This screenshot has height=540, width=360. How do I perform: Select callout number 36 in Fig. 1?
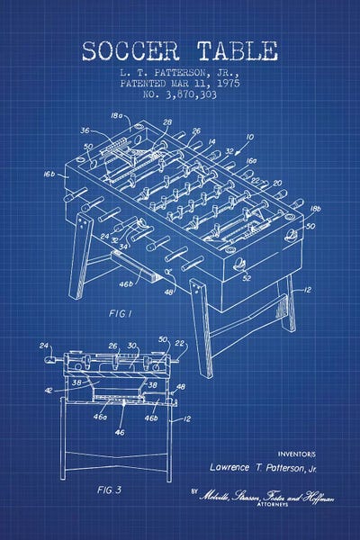86,130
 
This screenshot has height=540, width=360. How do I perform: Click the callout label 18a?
116,116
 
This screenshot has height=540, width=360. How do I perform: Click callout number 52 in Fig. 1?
246,278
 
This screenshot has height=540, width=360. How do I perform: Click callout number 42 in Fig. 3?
47,390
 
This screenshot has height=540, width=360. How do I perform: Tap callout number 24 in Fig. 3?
43,345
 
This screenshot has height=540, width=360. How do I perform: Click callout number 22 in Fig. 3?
179,344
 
